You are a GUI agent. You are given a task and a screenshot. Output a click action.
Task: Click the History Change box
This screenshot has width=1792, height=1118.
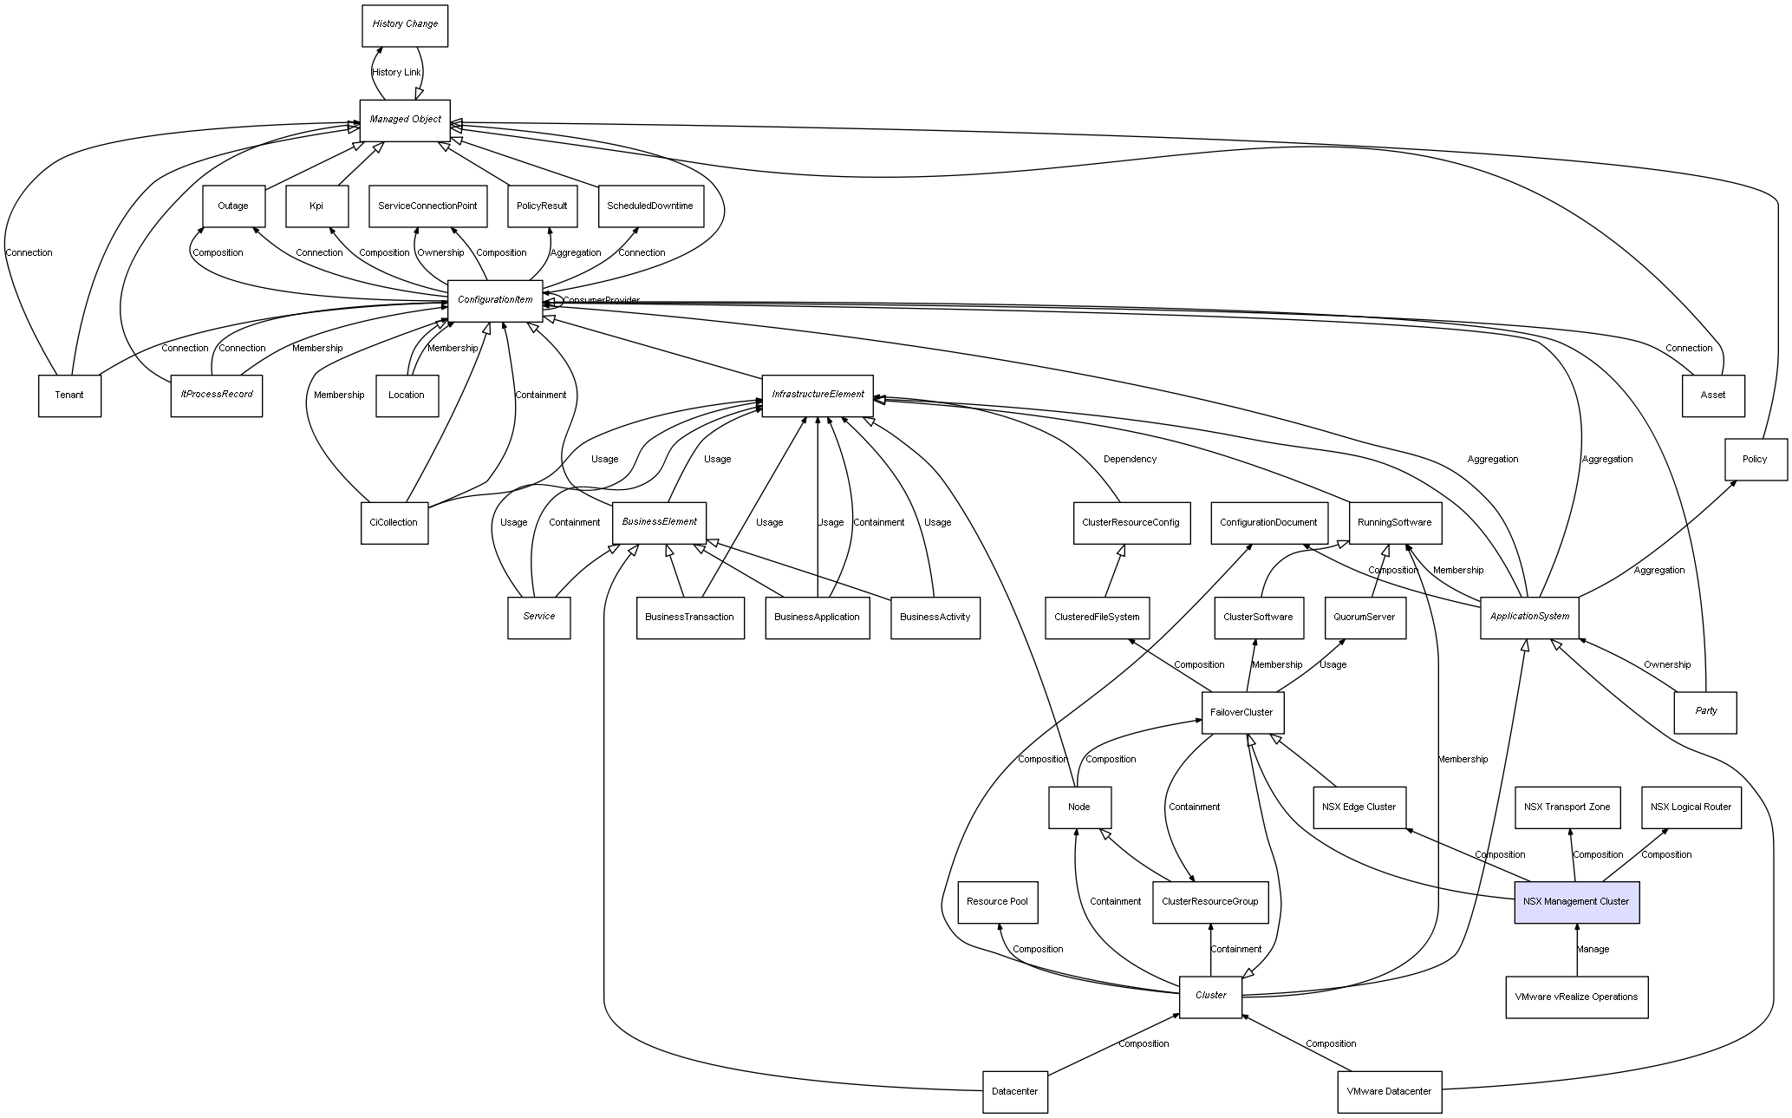(x=405, y=25)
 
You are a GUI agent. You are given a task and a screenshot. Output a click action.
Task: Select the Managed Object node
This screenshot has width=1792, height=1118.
(x=405, y=120)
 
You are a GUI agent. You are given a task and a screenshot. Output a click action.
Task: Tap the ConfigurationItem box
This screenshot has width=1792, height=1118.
(x=495, y=300)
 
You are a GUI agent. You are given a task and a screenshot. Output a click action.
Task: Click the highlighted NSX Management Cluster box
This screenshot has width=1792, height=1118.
(x=1576, y=902)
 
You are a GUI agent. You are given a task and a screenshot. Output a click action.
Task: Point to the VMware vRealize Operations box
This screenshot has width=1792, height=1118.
(x=1576, y=997)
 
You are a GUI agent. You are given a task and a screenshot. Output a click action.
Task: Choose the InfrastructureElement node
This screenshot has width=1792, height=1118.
(x=818, y=395)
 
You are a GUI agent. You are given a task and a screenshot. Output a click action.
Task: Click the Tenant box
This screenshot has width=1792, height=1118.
(x=69, y=396)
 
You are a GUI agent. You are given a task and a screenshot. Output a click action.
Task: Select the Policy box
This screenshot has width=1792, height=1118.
(x=1755, y=460)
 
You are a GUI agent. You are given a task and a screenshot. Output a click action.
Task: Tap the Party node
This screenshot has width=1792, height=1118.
(x=1705, y=712)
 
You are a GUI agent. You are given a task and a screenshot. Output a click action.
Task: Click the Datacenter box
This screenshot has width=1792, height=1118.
(x=1014, y=1092)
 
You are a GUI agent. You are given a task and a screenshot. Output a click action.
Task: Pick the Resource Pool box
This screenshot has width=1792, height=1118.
(x=997, y=902)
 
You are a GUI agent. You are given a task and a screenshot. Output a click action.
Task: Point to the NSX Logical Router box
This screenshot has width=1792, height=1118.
(x=1691, y=807)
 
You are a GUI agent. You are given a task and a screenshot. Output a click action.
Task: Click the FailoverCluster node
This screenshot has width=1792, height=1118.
(x=1241, y=713)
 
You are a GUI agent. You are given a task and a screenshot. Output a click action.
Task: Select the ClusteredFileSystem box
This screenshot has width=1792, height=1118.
(x=1097, y=618)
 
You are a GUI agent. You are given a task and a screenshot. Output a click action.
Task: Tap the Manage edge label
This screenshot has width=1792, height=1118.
(x=1593, y=950)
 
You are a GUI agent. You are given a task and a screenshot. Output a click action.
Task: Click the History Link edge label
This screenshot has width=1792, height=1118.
(x=396, y=73)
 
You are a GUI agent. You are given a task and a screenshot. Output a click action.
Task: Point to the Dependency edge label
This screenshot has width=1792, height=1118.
(x=1130, y=460)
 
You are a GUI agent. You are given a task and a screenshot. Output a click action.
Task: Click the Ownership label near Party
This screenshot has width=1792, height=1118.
(x=1667, y=665)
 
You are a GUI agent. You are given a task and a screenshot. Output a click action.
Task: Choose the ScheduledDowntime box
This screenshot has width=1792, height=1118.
(x=650, y=206)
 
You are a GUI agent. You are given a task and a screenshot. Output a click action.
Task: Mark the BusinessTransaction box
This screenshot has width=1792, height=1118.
(x=689, y=618)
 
